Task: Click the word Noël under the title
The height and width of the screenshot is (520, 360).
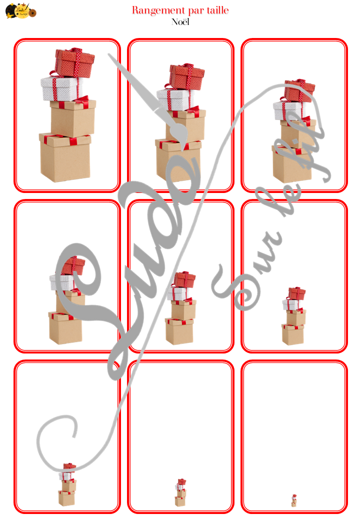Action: point(180,21)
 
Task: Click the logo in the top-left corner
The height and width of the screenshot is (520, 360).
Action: point(20,11)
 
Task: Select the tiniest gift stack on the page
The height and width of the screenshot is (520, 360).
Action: point(294,500)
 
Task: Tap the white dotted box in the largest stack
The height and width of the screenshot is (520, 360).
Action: point(60,89)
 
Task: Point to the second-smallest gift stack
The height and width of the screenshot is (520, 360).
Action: point(180,493)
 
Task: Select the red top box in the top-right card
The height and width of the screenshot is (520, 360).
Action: point(299,90)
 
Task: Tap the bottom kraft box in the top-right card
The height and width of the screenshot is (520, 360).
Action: point(292,164)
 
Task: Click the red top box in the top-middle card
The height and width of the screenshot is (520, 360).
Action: point(186,76)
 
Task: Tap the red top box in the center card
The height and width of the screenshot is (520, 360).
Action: point(184,279)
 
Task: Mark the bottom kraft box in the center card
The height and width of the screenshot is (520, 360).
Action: point(179,331)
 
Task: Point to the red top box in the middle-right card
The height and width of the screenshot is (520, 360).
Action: point(296,293)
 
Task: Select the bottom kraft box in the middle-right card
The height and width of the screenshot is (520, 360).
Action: point(292,334)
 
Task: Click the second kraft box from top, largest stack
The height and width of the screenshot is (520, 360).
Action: point(72,118)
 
